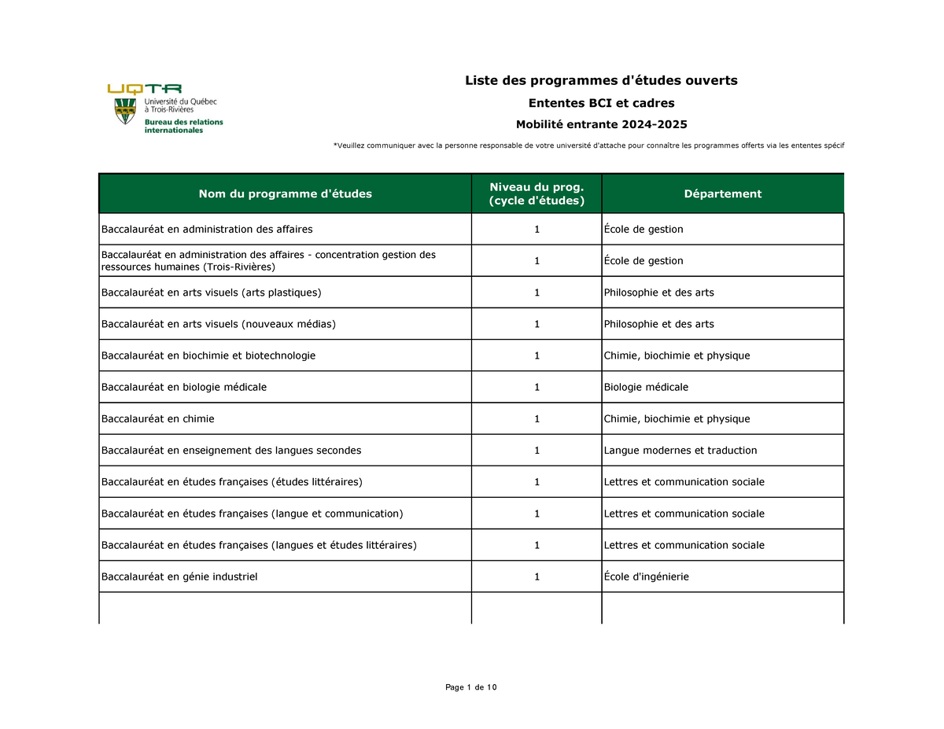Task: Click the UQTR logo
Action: tap(145, 89)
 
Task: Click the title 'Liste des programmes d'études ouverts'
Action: tap(601, 80)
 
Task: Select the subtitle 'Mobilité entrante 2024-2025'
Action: tap(601, 124)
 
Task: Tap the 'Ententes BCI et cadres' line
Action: tap(601, 103)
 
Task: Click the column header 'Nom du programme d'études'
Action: tap(285, 193)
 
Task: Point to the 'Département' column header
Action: tap(722, 193)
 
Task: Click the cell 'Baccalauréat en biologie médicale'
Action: tap(184, 387)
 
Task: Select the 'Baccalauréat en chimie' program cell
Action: tap(157, 418)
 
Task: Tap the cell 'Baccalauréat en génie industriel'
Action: tap(179, 576)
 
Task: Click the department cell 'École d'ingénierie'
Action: tap(646, 576)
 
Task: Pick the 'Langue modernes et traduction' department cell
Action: tap(680, 450)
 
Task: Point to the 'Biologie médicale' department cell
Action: tap(646, 387)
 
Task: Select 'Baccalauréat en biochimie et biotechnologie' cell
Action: tap(208, 355)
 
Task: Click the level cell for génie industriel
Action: tap(537, 576)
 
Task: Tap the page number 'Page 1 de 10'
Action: tap(470, 688)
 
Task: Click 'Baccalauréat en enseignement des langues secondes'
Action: tap(231, 450)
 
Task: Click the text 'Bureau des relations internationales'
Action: tap(183, 126)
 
